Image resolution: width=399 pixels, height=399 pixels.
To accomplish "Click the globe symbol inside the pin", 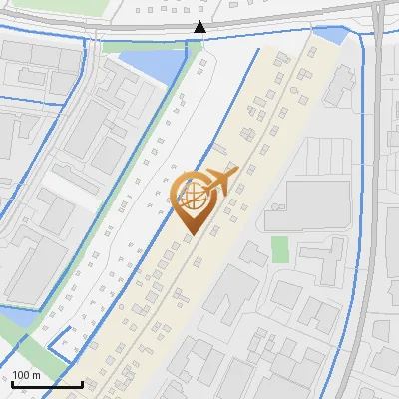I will (x=192, y=197).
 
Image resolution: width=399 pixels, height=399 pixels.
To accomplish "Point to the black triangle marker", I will (x=200, y=27).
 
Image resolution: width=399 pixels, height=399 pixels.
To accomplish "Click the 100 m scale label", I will (x=26, y=375).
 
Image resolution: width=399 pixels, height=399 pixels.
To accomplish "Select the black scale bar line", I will (x=47, y=384).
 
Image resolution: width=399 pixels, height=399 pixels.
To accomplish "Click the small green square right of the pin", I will (x=280, y=248).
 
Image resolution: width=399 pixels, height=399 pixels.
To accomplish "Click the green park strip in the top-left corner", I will (x=50, y=12).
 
